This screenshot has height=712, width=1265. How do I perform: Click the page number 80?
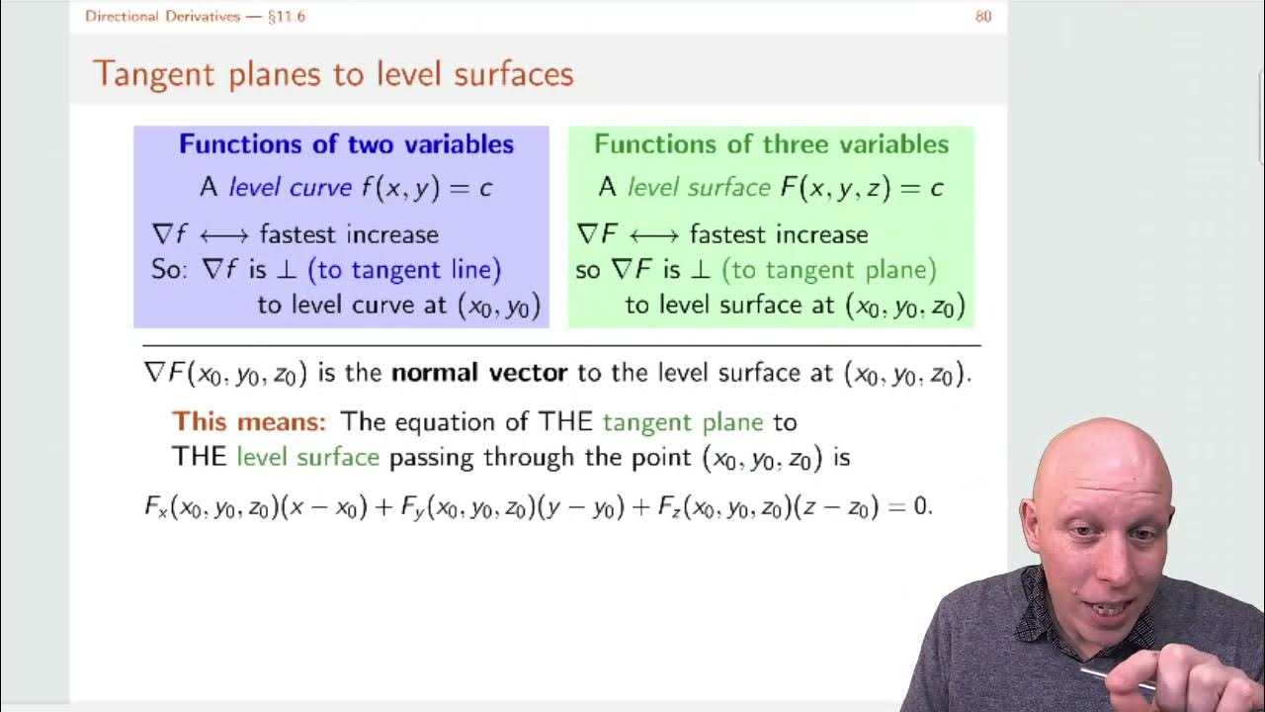tap(982, 16)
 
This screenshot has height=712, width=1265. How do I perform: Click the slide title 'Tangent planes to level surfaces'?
tap(333, 74)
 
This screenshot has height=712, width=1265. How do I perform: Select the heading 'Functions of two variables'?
tap(346, 144)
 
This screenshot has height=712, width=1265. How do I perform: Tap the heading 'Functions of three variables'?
tap(771, 144)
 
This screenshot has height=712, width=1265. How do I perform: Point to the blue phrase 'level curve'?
tap(290, 187)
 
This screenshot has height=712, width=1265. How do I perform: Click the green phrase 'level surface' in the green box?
tap(698, 187)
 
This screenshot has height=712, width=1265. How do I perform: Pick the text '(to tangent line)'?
tap(404, 269)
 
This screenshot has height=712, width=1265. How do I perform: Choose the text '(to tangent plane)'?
tap(828, 269)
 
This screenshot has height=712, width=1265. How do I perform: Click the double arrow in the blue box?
tap(223, 235)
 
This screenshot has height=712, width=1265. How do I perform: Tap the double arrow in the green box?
tap(653, 235)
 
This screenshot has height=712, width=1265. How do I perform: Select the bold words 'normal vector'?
tap(479, 373)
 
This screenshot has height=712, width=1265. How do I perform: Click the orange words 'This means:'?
tap(248, 422)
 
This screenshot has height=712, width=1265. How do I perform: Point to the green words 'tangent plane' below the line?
tap(683, 422)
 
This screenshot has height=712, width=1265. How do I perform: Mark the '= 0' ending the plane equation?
tap(909, 507)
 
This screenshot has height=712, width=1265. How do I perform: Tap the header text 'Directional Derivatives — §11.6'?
tap(195, 16)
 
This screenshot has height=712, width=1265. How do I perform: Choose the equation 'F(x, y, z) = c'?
tap(861, 187)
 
